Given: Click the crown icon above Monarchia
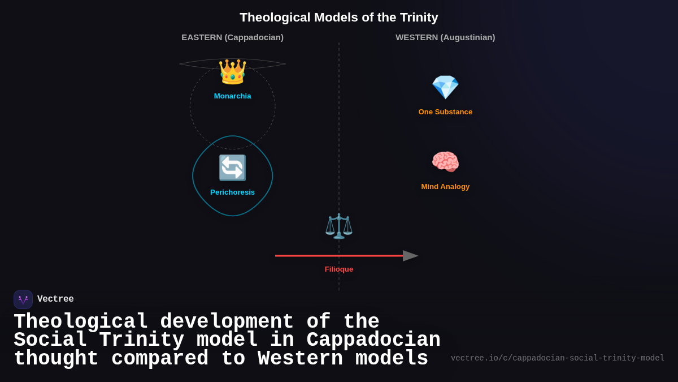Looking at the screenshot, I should [x=232, y=72].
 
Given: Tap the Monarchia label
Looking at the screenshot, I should [x=232, y=96].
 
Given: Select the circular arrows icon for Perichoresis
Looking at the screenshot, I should [x=232, y=168].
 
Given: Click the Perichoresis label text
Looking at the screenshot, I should [x=232, y=192].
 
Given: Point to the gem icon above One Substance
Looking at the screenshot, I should [x=445, y=87].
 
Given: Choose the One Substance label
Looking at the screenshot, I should [x=445, y=112].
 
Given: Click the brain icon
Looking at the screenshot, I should [x=445, y=162].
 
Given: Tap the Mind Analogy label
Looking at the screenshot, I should [x=445, y=187].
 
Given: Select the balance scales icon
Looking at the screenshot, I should [x=339, y=226].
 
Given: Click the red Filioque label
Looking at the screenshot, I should [x=339, y=269].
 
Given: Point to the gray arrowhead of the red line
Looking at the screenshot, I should [x=410, y=256].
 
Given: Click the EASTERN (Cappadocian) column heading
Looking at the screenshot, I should [x=232, y=37].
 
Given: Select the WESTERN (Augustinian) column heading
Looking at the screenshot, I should [x=445, y=37].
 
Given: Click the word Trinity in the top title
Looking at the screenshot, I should [x=419, y=18].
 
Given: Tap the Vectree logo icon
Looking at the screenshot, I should [x=23, y=299].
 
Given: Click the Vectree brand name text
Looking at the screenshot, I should [x=55, y=299].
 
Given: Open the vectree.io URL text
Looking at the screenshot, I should [x=557, y=358].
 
